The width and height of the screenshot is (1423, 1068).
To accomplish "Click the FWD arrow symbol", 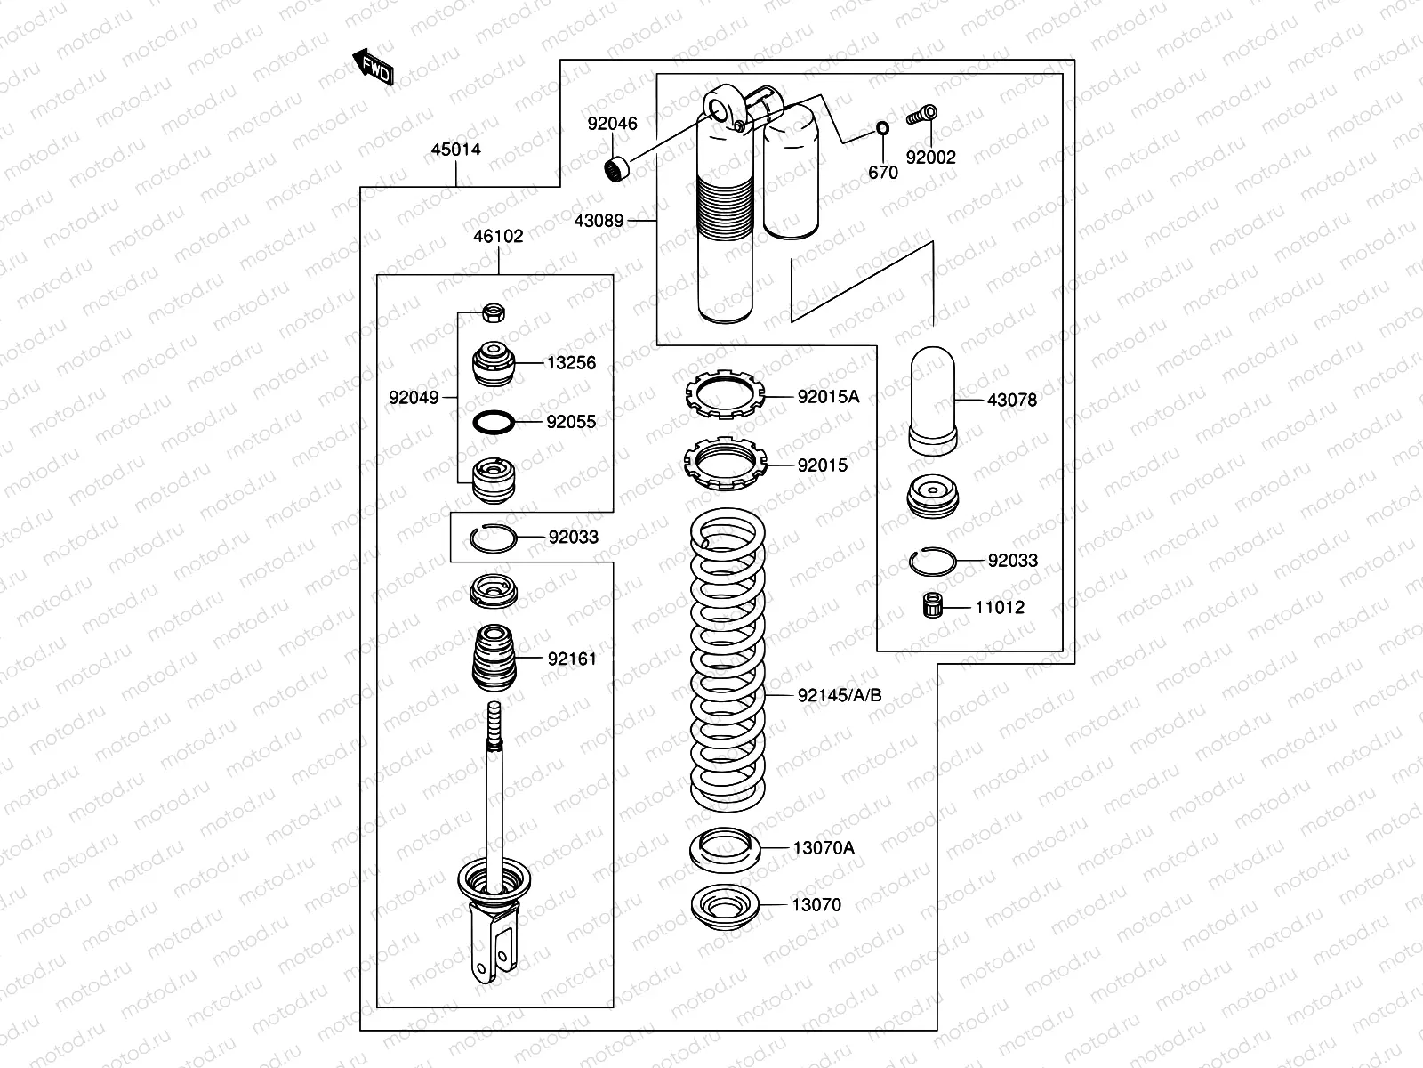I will point(374,68).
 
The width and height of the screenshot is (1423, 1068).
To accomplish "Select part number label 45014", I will point(455,150).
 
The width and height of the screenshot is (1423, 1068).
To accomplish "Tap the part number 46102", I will point(498,237).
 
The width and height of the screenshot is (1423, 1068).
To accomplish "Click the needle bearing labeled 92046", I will point(615,166).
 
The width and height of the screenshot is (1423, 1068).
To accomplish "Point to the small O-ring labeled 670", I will point(882,128).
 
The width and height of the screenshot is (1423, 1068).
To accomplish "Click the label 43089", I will point(599,221).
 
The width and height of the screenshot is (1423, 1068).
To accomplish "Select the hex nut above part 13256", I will point(494,312).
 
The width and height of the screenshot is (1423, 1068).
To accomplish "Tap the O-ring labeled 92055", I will point(494,421).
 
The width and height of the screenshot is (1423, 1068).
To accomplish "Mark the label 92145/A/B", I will point(839,695).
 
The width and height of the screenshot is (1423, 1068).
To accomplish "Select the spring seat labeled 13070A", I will point(725,849).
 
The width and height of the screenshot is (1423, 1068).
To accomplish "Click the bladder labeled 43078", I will point(932,399).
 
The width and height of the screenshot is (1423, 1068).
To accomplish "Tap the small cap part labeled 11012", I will point(931,607).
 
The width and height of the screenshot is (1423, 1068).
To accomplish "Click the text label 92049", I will point(414,398).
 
